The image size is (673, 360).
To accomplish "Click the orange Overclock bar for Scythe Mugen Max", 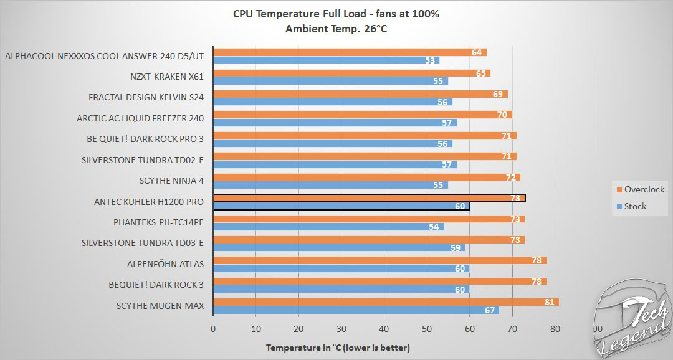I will (x=386, y=302).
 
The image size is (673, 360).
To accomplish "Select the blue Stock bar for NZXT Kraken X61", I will (x=330, y=81).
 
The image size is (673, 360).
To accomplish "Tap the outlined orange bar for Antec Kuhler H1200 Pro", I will (x=369, y=198).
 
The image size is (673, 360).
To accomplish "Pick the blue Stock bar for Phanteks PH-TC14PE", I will (x=328, y=227).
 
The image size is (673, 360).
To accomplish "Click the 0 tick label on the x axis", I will (x=214, y=329).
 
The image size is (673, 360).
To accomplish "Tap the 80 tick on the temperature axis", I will (x=555, y=329).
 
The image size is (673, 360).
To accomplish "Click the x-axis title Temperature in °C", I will (x=338, y=348).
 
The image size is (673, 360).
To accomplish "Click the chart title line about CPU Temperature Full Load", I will (x=336, y=14).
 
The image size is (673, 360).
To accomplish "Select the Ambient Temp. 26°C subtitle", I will (x=336, y=28).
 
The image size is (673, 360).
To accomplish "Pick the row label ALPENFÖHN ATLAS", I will (x=165, y=264).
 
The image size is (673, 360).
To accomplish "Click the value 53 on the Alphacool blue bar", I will (x=430, y=60).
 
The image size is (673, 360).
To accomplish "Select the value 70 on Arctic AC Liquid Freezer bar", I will (x=502, y=115).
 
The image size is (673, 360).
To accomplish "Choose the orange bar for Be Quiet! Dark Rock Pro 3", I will (x=365, y=135).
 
